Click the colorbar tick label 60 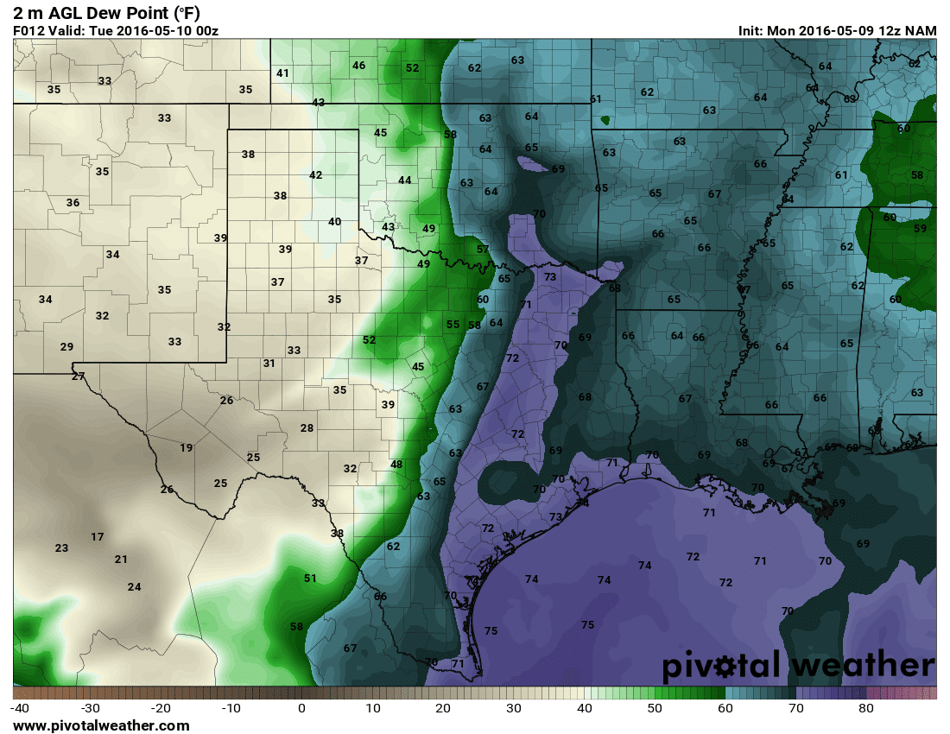pos(725,709)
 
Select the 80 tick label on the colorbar pos(866,709)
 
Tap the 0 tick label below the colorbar pos(301,709)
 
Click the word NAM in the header pos(921,30)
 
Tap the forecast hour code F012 pos(28,30)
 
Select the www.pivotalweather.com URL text pos(101,726)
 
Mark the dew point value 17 pos(98,537)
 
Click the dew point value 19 pos(187,447)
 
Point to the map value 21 pos(121,560)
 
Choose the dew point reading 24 pos(134,587)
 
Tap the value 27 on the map pos(79,376)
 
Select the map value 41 pos(282,73)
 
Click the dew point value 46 pos(358,66)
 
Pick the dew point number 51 pos(311,579)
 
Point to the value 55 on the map pos(453,325)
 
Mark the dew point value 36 pos(73,203)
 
